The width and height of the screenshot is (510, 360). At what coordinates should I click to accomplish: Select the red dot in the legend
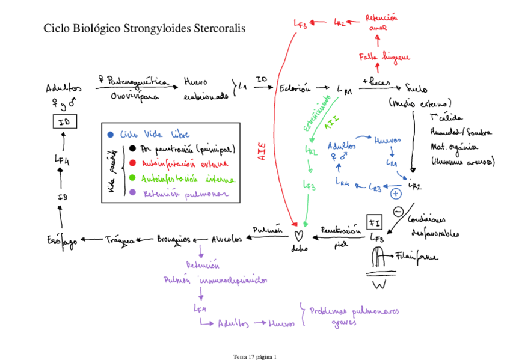(131, 163)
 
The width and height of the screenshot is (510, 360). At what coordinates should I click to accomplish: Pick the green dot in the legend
(131, 178)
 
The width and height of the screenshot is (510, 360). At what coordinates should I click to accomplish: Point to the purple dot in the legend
(131, 193)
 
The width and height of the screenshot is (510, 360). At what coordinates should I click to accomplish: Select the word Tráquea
(119, 239)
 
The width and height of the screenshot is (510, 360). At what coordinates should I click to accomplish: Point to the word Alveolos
(227, 239)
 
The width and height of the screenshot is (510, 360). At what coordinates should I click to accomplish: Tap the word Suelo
(417, 85)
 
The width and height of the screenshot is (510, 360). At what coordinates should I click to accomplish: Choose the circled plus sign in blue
(395, 194)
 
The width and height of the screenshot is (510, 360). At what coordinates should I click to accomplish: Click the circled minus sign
(398, 211)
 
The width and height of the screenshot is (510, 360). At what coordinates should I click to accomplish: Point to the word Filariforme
(417, 257)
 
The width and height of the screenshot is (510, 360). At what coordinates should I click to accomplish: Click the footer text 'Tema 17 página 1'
(254, 356)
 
